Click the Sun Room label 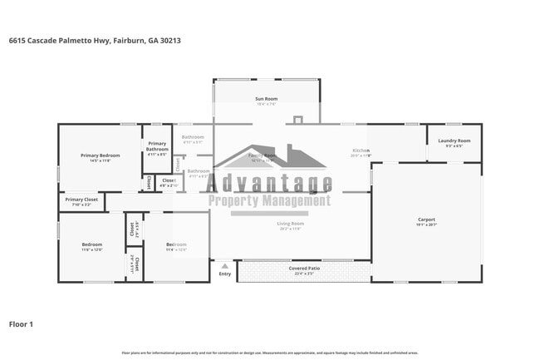click(267, 99)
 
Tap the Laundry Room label click(454, 141)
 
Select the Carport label click(425, 219)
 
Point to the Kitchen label click(360, 150)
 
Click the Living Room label click(290, 223)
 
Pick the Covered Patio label click(303, 269)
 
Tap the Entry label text click(224, 274)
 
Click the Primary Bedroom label click(100, 155)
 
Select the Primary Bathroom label click(158, 146)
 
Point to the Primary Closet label click(81, 200)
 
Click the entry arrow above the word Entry click(224, 265)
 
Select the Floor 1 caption click(21, 323)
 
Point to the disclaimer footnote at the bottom click(269, 353)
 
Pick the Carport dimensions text click(425, 224)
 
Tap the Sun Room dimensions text click(267, 104)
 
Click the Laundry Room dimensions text click(454, 145)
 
